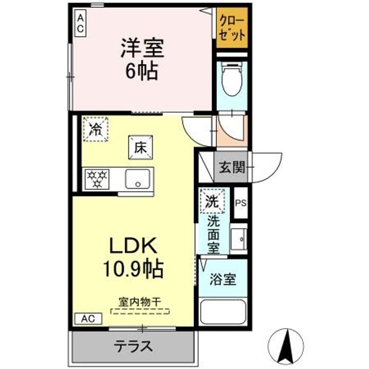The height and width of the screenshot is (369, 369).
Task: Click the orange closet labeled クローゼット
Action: (x=232, y=29)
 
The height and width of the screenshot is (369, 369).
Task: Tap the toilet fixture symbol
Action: (x=231, y=80)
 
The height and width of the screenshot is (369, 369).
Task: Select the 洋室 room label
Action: (x=142, y=50)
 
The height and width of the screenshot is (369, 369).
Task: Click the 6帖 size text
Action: (x=142, y=72)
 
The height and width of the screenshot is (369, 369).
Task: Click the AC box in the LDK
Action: (x=88, y=318)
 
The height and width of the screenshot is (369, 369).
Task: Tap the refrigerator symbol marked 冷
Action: (x=95, y=129)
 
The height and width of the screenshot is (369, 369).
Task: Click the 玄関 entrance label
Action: (x=231, y=168)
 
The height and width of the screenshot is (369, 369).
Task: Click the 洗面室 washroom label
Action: (x=213, y=234)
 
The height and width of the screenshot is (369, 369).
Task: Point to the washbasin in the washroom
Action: (x=239, y=238)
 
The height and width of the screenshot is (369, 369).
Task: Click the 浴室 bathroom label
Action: (x=223, y=280)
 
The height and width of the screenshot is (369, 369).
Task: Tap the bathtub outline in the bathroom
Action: (x=223, y=312)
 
